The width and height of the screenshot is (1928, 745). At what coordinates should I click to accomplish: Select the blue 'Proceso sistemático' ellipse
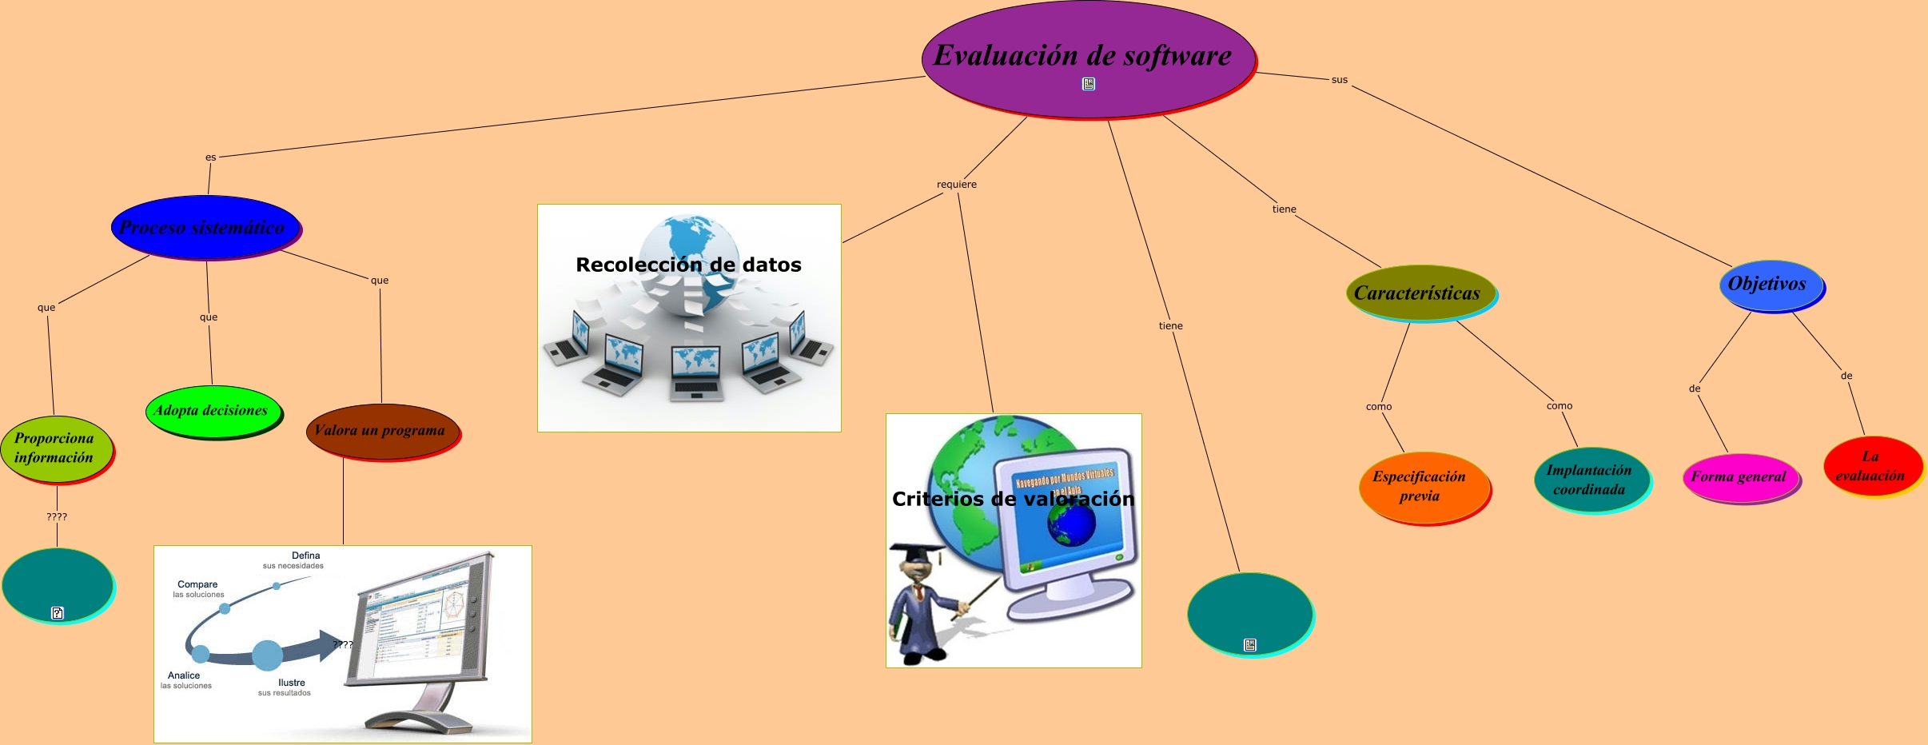pos(205,227)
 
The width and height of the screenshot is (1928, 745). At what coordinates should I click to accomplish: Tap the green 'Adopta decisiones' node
pos(213,411)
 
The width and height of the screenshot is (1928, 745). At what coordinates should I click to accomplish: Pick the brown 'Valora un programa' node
pos(382,431)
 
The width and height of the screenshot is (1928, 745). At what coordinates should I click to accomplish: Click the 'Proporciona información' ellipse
pos(56,448)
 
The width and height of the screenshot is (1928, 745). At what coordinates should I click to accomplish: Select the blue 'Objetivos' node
pos(1770,285)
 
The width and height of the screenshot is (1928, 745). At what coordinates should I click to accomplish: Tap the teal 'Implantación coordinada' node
pos(1591,480)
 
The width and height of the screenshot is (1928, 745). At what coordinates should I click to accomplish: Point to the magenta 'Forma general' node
pos(1739,477)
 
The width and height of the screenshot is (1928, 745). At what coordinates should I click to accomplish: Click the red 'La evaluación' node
pos(1870,466)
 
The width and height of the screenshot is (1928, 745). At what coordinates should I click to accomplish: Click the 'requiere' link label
pos(957,185)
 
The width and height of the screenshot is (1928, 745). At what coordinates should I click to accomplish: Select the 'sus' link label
pos(1340,80)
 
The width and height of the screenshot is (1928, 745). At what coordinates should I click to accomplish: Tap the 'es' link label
pos(211,157)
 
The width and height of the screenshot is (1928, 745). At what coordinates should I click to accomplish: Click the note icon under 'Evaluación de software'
pos(1089,84)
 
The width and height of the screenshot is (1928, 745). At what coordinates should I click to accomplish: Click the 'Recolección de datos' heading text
pos(688,265)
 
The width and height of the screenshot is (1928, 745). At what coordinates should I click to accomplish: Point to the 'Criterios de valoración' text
pos(1013,499)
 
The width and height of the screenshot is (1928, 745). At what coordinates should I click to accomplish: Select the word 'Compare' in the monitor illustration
pos(197,584)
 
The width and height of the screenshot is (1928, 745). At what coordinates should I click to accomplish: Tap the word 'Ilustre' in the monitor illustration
pos(292,683)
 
